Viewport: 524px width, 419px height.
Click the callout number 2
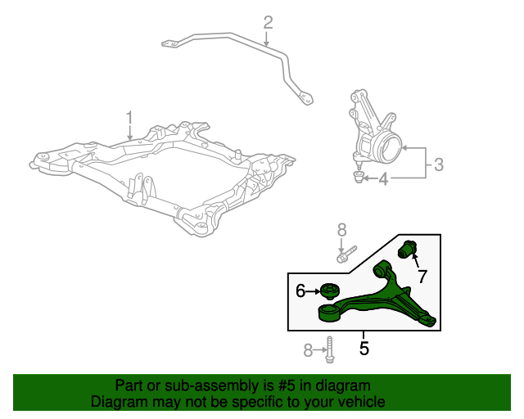click(267, 22)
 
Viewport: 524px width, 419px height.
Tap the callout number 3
click(438, 164)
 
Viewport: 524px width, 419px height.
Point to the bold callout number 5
click(364, 349)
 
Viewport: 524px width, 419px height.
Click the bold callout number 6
click(300, 291)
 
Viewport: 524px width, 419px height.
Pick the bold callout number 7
click(423, 275)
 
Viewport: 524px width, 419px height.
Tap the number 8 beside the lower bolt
click(309, 350)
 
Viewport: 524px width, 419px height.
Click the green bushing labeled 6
click(330, 291)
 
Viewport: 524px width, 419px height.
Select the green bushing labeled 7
click(409, 247)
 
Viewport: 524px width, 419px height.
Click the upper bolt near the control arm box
click(346, 255)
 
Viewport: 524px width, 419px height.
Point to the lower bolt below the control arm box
click(328, 350)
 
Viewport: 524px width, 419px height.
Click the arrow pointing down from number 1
click(129, 133)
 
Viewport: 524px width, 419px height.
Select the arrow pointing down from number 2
click(267, 38)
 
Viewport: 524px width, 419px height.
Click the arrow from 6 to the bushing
click(314, 291)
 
